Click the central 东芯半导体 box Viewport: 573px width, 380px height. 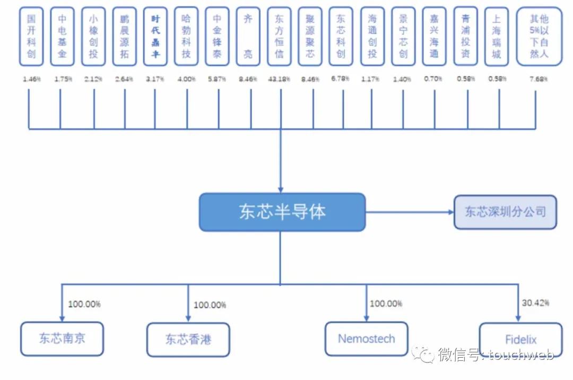[282, 212]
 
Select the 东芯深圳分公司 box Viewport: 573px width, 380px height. [505, 212]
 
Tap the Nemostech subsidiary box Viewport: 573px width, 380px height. [366, 339]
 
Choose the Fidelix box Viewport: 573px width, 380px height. [520, 340]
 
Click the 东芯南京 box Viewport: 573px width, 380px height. [62, 339]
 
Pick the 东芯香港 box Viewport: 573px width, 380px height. [188, 340]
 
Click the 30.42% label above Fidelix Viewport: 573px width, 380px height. [535, 303]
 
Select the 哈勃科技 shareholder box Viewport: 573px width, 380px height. [186, 36]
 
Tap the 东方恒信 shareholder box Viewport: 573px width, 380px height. [279, 36]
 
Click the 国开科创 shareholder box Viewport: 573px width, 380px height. [31, 36]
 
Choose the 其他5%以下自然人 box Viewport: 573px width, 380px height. [539, 36]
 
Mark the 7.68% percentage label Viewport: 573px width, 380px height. [538, 79]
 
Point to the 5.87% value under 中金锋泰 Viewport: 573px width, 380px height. [217, 79]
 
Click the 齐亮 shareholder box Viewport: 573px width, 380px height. [248, 36]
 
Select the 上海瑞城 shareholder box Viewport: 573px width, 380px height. [496, 36]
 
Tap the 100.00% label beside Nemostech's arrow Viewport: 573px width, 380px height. [386, 304]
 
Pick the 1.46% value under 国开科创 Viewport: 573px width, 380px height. [32, 79]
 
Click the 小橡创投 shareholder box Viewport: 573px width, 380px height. [93, 36]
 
